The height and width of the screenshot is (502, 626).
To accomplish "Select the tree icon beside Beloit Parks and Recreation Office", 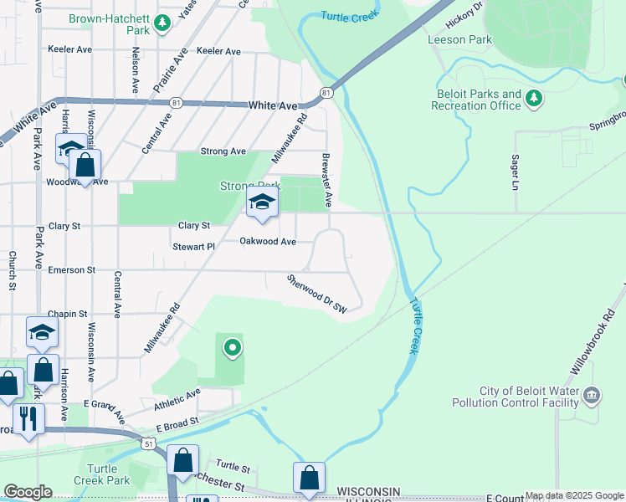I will coord(534,100).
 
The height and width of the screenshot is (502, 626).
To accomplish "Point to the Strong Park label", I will coord(249,186).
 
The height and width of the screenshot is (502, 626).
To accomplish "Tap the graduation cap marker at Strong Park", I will coord(262,203).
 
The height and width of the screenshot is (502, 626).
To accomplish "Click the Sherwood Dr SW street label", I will coord(316,294).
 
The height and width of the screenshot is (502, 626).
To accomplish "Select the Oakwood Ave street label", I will coord(268,241).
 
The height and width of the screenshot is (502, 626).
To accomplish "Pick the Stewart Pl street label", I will coord(194,247).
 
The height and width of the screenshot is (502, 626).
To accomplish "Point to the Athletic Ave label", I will coord(177,399).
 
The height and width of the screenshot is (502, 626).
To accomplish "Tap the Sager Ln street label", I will coord(513,172).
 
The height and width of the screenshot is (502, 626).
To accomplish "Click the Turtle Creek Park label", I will coord(106,474).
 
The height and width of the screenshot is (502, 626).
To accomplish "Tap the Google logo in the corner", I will coord(28,492).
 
